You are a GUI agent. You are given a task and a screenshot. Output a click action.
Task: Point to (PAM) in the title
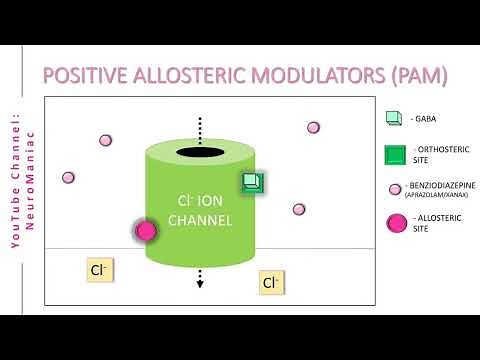[413, 75]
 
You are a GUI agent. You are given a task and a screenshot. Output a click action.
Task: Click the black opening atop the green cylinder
[201, 152]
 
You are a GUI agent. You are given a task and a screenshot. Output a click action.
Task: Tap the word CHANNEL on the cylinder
[200, 220]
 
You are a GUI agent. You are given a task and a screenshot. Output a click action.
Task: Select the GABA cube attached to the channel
[251, 182]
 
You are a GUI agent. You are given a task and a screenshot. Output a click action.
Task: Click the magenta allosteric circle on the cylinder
[147, 231]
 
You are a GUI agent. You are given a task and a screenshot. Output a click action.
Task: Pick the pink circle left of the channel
[104, 141]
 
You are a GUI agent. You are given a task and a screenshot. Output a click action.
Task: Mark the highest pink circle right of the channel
[313, 128]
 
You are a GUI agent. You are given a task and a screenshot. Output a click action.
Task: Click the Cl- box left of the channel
[99, 270]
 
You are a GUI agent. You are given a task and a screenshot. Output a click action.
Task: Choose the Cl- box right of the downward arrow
[270, 283]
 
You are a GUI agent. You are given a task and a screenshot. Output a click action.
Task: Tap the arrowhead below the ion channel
[200, 284]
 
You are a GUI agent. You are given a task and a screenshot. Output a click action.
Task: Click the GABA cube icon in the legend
[394, 118]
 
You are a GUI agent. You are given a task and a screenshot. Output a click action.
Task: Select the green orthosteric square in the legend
[395, 155]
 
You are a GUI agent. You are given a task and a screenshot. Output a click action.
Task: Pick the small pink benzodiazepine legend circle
[395, 188]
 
